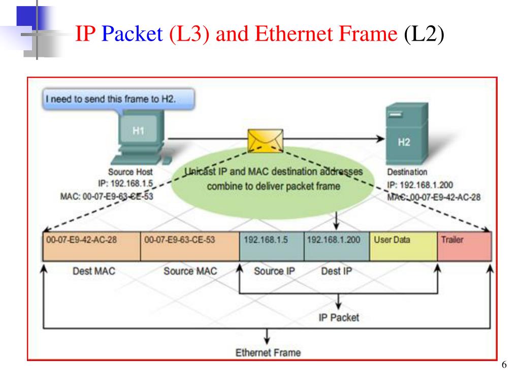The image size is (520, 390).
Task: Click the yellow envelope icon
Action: click(x=265, y=140)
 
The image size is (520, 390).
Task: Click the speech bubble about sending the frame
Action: click(x=118, y=99)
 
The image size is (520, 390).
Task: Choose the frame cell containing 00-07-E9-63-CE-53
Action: click(x=189, y=246)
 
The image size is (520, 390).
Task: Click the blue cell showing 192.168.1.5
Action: click(x=272, y=246)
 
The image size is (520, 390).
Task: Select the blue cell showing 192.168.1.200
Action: click(x=337, y=246)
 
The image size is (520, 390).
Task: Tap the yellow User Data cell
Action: click(x=403, y=246)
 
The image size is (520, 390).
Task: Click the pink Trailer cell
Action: click(x=464, y=246)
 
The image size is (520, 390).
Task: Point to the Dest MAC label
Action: click(x=94, y=271)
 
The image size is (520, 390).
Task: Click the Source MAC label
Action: click(x=190, y=271)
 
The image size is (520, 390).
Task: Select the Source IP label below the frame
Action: click(x=274, y=271)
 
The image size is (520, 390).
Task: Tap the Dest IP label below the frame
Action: click(x=336, y=271)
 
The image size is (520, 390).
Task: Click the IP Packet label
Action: click(x=339, y=317)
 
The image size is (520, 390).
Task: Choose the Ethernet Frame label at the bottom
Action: click(x=268, y=352)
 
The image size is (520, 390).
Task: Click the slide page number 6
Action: click(x=504, y=366)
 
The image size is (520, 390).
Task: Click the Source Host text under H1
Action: click(x=131, y=172)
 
